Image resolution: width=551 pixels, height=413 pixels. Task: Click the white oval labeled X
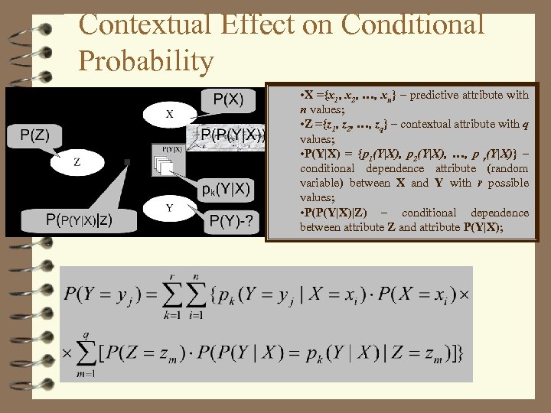coord(169,115)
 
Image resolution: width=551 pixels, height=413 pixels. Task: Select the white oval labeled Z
coord(77,162)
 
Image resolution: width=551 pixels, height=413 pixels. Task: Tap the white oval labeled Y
coord(169,207)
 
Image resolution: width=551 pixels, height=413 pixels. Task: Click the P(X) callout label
coord(228,99)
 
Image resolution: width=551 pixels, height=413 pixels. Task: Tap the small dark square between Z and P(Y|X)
coord(126,161)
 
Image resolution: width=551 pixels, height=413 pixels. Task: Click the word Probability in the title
coord(146,60)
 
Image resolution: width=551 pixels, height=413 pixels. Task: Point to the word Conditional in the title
coord(414,24)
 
